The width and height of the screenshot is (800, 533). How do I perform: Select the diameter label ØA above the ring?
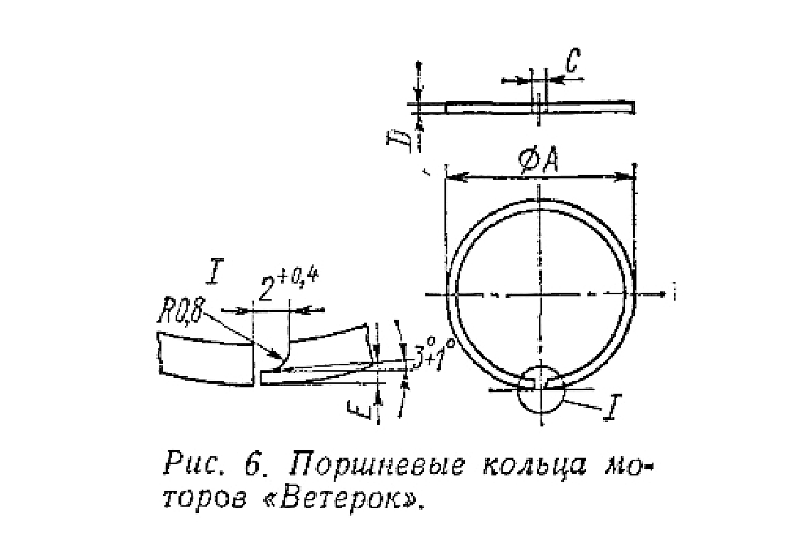pyautogui.click(x=539, y=161)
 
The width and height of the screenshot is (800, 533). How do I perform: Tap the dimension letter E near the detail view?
pyautogui.click(x=358, y=409)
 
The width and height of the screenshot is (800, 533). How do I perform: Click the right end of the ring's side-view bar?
pyautogui.click(x=634, y=106)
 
